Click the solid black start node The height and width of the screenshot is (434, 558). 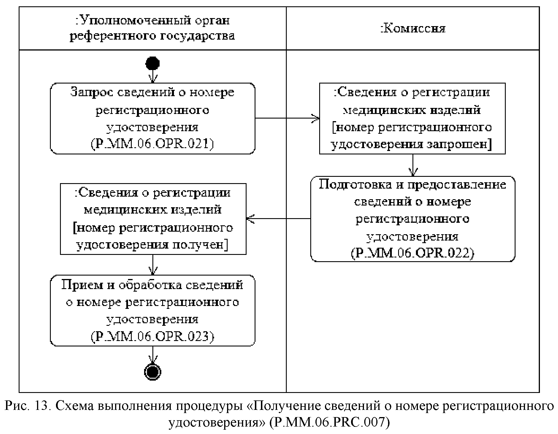click(x=152, y=63)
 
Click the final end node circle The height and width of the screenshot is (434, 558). click(x=152, y=372)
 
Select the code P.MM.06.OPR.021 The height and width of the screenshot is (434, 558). click(x=152, y=144)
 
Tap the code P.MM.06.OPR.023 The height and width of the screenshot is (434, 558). click(x=152, y=336)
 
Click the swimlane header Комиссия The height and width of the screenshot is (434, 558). click(x=413, y=29)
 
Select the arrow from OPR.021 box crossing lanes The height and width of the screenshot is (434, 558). click(x=287, y=118)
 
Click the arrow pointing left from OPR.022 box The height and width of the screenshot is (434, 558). click(x=278, y=219)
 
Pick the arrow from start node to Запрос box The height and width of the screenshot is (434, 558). click(x=152, y=76)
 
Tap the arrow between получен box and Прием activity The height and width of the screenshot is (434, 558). click(x=152, y=264)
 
